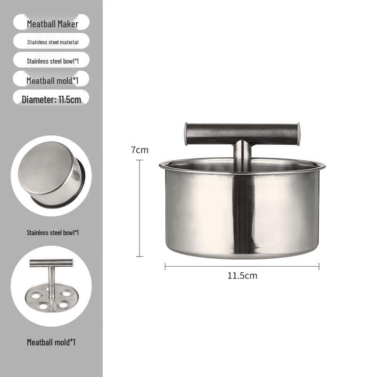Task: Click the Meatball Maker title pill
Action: tap(51, 22)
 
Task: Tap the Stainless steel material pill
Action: tap(51, 41)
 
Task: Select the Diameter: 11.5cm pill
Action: tap(51, 98)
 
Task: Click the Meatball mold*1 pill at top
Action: tap(51, 79)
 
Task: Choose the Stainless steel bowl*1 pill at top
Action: tap(51, 60)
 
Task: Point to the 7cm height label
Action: tap(139, 150)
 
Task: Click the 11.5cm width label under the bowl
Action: tap(242, 276)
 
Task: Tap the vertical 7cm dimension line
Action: tap(139, 208)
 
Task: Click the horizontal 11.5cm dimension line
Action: tap(242, 266)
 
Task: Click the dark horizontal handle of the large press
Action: tap(242, 134)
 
